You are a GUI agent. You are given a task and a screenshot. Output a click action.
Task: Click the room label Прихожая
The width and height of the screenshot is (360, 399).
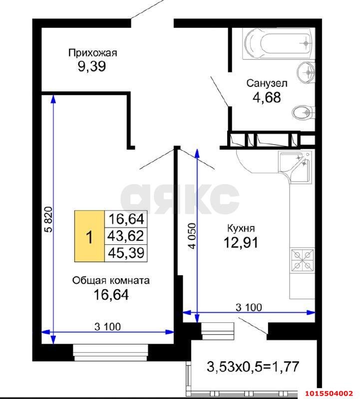coord(92,52)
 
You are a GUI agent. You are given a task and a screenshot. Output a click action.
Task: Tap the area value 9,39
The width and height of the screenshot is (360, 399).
coord(91,66)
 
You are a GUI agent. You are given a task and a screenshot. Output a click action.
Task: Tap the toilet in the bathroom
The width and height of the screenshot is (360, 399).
coord(303,113)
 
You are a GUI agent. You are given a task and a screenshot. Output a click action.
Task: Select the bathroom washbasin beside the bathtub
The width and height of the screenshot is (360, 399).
coord(306,73)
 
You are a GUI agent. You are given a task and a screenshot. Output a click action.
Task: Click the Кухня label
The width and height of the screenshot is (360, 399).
coord(241,228)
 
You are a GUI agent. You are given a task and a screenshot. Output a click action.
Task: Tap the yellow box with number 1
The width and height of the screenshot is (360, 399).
coord(89,237)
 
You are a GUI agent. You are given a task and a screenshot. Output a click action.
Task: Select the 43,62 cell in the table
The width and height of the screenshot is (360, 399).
coord(126,236)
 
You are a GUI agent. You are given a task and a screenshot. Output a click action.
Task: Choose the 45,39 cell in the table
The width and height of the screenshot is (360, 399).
coord(126,253)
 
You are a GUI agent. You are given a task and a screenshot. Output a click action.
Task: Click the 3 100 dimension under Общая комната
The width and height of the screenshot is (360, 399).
coord(107,327)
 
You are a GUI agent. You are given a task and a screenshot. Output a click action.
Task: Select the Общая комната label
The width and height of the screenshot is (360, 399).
coord(111,280)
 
